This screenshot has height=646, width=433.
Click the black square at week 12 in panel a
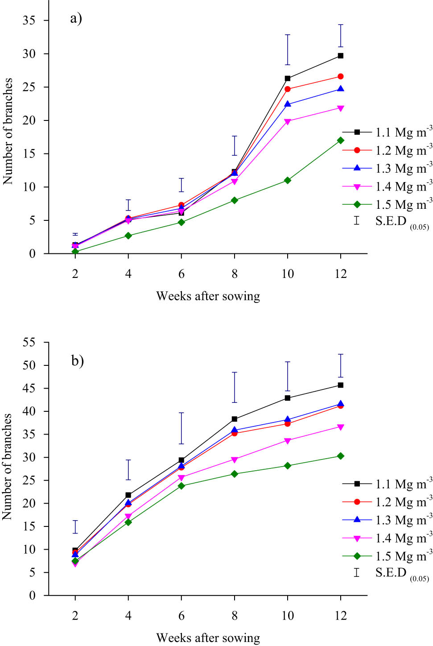(341, 56)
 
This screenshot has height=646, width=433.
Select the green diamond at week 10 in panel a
(288, 180)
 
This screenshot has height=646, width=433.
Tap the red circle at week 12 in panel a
(341, 76)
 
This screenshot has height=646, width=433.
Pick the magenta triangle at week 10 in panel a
(288, 121)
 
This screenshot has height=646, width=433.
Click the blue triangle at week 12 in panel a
(341, 89)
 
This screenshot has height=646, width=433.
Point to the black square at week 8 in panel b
(235, 419)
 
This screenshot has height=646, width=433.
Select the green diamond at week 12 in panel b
(341, 456)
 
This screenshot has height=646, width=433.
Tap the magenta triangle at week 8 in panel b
(235, 460)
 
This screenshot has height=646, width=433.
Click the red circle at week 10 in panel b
(288, 423)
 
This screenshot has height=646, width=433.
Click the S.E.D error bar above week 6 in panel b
(181, 428)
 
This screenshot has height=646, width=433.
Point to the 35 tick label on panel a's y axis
(29, 21)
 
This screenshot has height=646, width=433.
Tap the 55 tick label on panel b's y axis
(29, 343)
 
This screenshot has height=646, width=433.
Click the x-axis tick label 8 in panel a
(235, 274)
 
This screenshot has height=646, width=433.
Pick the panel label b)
(78, 360)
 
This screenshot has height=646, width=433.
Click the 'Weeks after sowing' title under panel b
(208, 638)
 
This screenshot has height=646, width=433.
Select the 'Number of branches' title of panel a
(8, 131)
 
